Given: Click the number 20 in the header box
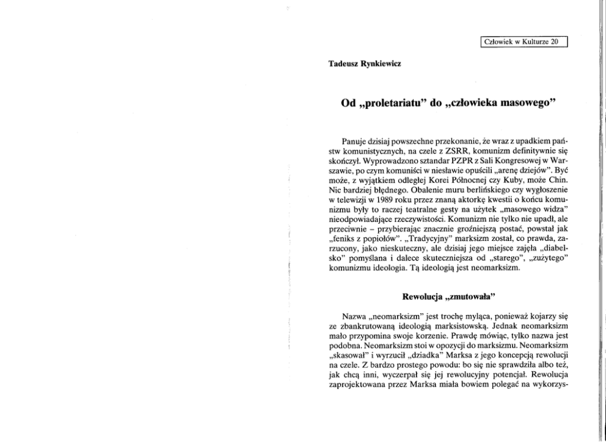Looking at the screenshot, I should [x=553, y=42].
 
